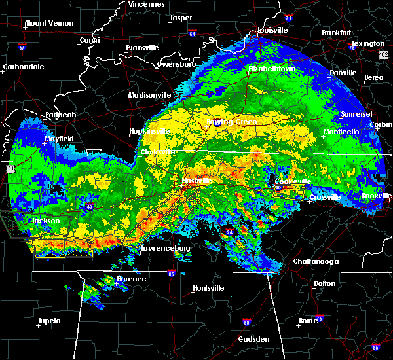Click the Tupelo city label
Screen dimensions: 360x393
49,321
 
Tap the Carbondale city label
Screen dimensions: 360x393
23,67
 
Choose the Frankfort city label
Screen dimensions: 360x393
336,33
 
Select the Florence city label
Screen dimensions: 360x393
131,279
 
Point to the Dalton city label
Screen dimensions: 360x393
324,283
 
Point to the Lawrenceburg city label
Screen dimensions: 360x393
166,249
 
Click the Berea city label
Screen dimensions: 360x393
373,77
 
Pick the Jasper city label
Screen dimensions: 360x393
181,18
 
